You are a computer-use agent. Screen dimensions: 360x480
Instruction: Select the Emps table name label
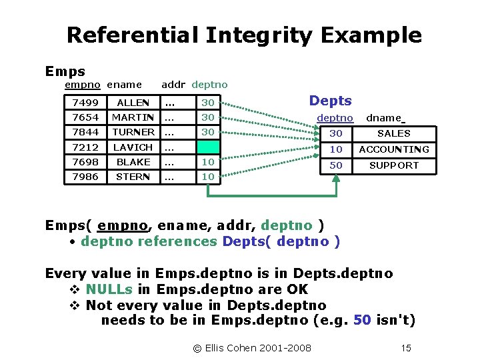click(65, 71)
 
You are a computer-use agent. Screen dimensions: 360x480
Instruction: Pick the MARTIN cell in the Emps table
click(133, 117)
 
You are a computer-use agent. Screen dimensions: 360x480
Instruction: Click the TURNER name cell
click(133, 132)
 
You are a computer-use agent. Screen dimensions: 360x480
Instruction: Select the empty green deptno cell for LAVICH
click(208, 147)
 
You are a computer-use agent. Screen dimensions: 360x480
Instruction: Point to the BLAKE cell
click(133, 162)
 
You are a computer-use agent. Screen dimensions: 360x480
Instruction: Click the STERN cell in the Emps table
click(133, 177)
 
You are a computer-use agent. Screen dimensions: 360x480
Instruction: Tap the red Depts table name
click(330, 101)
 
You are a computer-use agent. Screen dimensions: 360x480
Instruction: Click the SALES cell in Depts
click(394, 133)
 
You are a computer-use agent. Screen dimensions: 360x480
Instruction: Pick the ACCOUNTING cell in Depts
click(394, 149)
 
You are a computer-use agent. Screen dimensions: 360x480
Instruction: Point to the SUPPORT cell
click(394, 165)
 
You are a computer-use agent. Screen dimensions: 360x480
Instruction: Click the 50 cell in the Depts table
click(336, 165)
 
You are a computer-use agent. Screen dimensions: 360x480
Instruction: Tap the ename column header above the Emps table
click(124, 85)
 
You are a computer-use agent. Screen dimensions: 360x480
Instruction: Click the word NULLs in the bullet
click(109, 289)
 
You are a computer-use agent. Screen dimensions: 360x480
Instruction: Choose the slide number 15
click(405, 347)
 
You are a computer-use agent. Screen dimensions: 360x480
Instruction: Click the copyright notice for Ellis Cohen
click(252, 347)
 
